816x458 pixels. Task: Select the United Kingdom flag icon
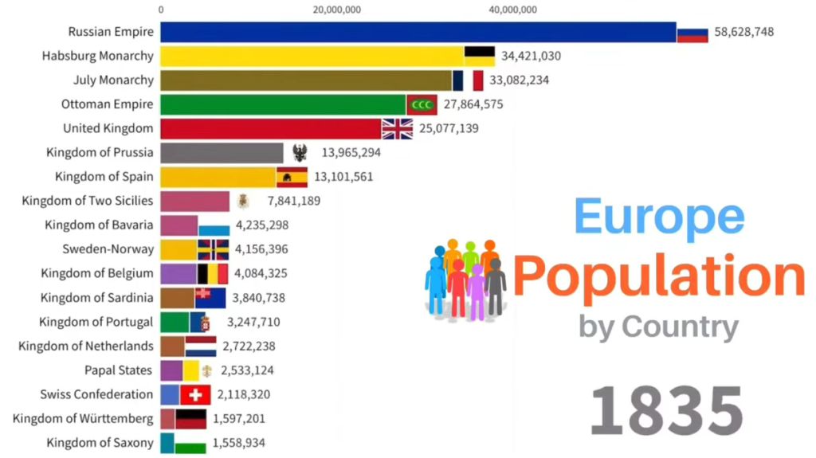pyautogui.click(x=397, y=128)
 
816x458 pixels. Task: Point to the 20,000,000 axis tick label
pyautogui.click(x=337, y=10)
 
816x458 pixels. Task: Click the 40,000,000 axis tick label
pyautogui.click(x=512, y=10)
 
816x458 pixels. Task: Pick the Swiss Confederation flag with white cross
pyautogui.click(x=195, y=394)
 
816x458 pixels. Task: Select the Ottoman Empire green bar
pyautogui.click(x=283, y=104)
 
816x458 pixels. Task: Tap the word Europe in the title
pyautogui.click(x=659, y=216)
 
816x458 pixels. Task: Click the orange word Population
pyautogui.click(x=659, y=277)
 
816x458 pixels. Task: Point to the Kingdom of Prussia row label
pyautogui.click(x=100, y=153)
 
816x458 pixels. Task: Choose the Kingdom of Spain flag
pyautogui.click(x=292, y=177)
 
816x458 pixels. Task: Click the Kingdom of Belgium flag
pyautogui.click(x=212, y=273)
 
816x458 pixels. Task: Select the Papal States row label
pyautogui.click(x=119, y=370)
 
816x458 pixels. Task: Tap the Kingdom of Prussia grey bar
pyautogui.click(x=222, y=153)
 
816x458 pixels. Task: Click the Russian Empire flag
pyautogui.click(x=692, y=33)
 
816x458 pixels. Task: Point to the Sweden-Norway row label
pyautogui.click(x=108, y=249)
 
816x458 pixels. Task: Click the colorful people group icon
pyautogui.click(x=465, y=279)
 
